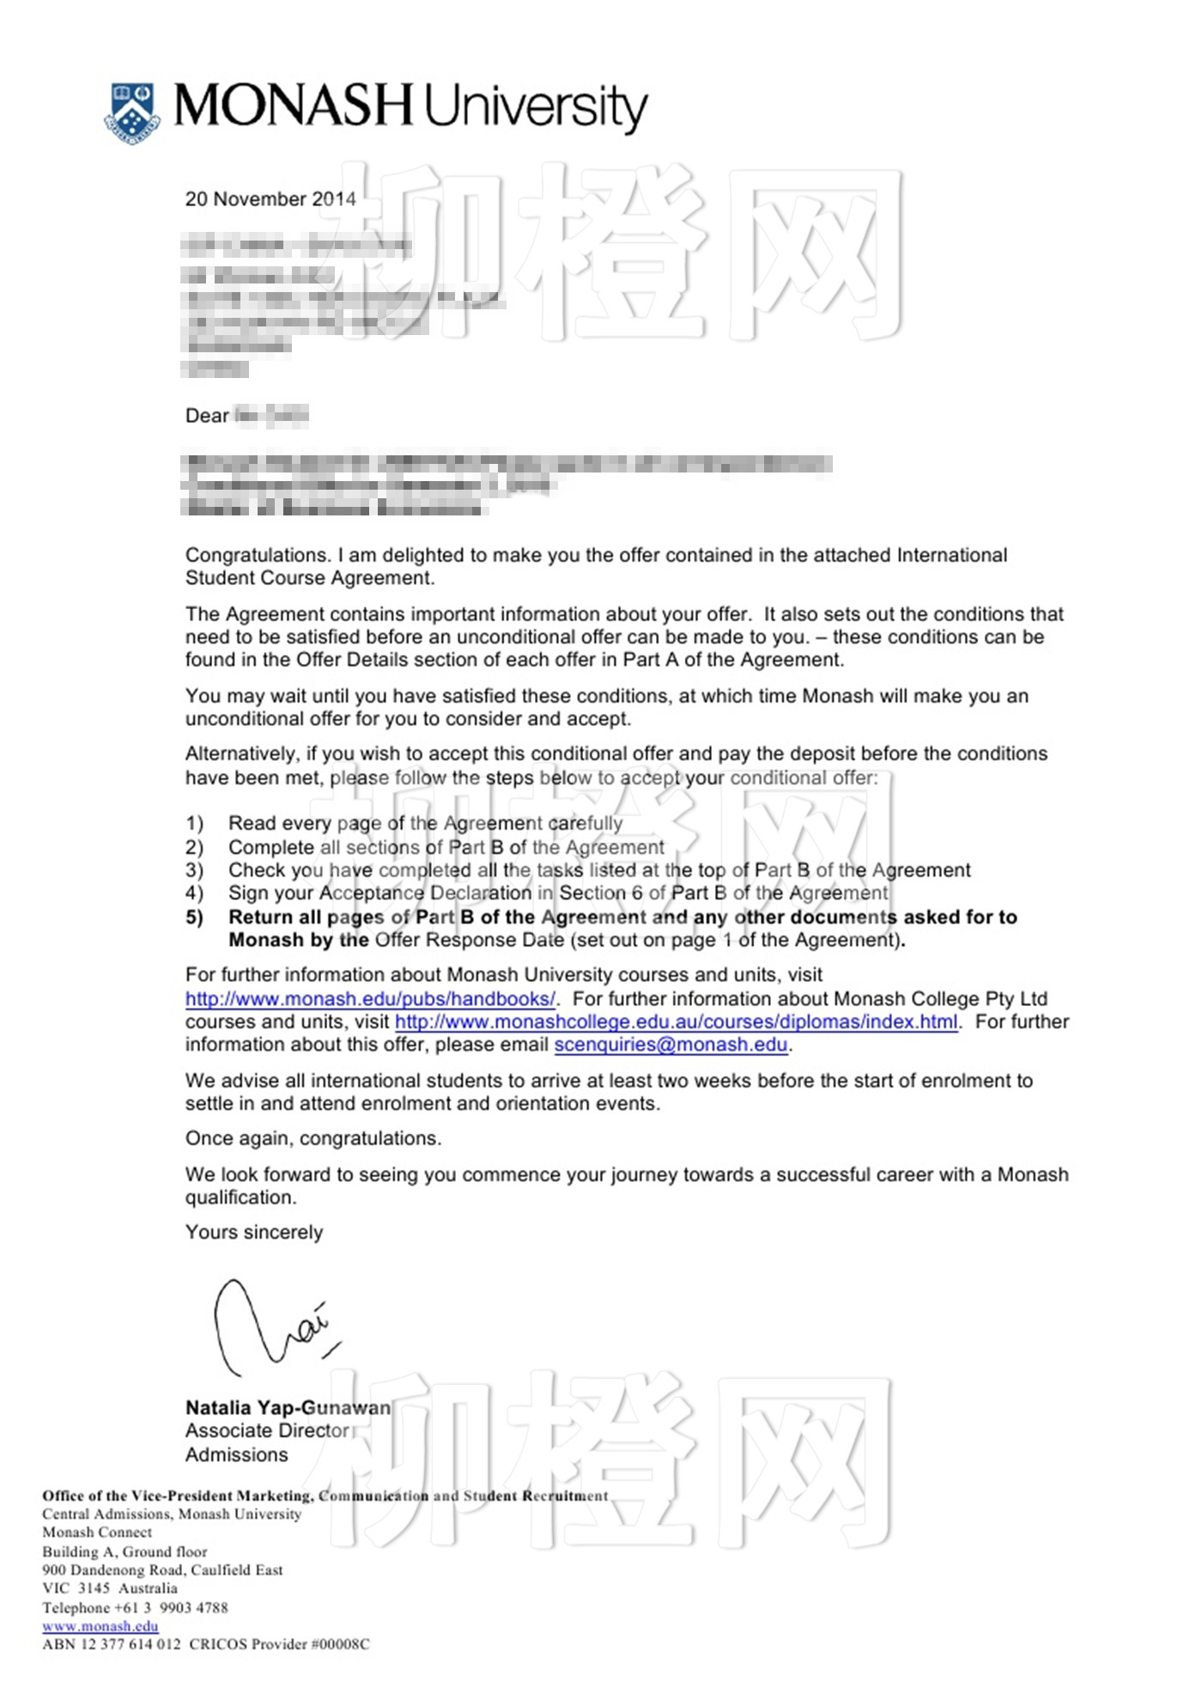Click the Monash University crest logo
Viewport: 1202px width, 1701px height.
click(133, 113)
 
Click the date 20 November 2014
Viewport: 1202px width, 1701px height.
click(270, 199)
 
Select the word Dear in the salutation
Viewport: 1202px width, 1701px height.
click(207, 417)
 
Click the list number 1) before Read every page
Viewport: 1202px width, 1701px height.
click(195, 824)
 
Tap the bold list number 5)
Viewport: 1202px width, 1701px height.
click(195, 918)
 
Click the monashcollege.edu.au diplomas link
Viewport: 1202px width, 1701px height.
click(676, 1022)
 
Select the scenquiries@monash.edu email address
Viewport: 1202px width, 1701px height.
click(671, 1046)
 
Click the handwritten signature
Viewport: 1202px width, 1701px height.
click(270, 1327)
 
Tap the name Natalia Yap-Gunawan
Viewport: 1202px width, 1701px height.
click(288, 1408)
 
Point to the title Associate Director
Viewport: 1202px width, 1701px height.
click(267, 1431)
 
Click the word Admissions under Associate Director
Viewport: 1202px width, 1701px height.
click(237, 1455)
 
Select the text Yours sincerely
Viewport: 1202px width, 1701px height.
click(254, 1233)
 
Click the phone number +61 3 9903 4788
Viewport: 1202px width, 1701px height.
click(172, 1608)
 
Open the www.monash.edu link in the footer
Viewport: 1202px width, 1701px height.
click(100, 1626)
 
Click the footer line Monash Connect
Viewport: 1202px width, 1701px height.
click(97, 1533)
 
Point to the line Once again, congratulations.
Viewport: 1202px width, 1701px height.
click(313, 1139)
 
